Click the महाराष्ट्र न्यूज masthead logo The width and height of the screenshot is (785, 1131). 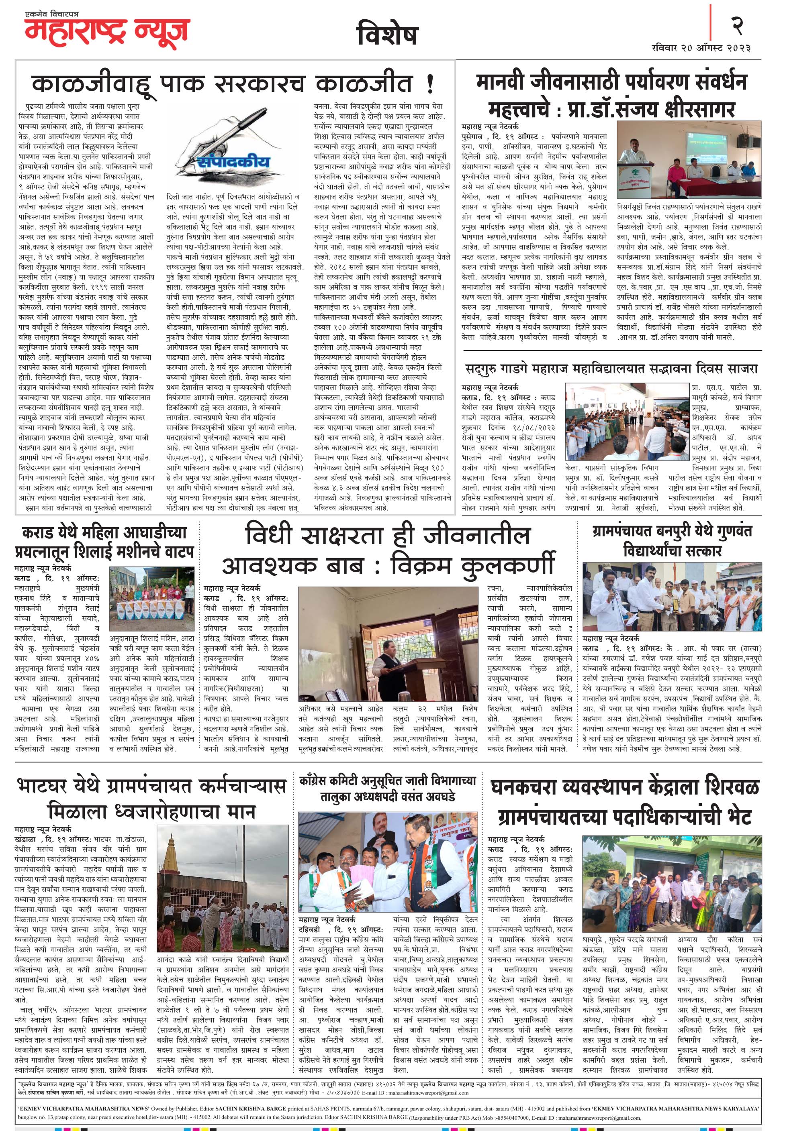pos(107,29)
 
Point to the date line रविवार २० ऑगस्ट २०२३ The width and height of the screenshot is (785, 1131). pos(700,48)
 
